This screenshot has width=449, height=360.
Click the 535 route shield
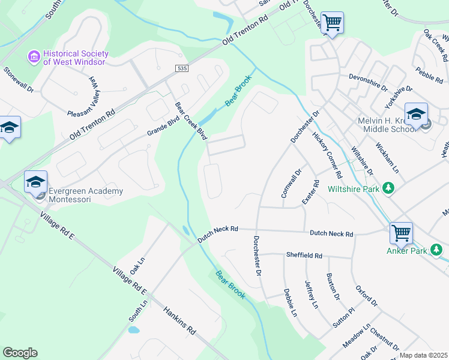(x=182, y=69)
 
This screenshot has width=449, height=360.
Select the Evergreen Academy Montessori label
(x=85, y=195)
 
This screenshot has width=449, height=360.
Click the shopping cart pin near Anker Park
(x=400, y=233)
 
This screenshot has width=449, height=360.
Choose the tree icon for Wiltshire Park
(x=389, y=188)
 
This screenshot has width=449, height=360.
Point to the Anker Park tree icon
(x=439, y=250)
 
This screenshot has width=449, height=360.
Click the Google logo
(x=20, y=353)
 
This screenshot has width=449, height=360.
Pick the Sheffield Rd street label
(x=304, y=256)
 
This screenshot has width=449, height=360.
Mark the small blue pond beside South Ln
(x=133, y=329)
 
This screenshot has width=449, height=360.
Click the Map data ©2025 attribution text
(x=424, y=355)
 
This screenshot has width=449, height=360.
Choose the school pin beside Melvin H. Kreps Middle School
(x=416, y=114)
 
